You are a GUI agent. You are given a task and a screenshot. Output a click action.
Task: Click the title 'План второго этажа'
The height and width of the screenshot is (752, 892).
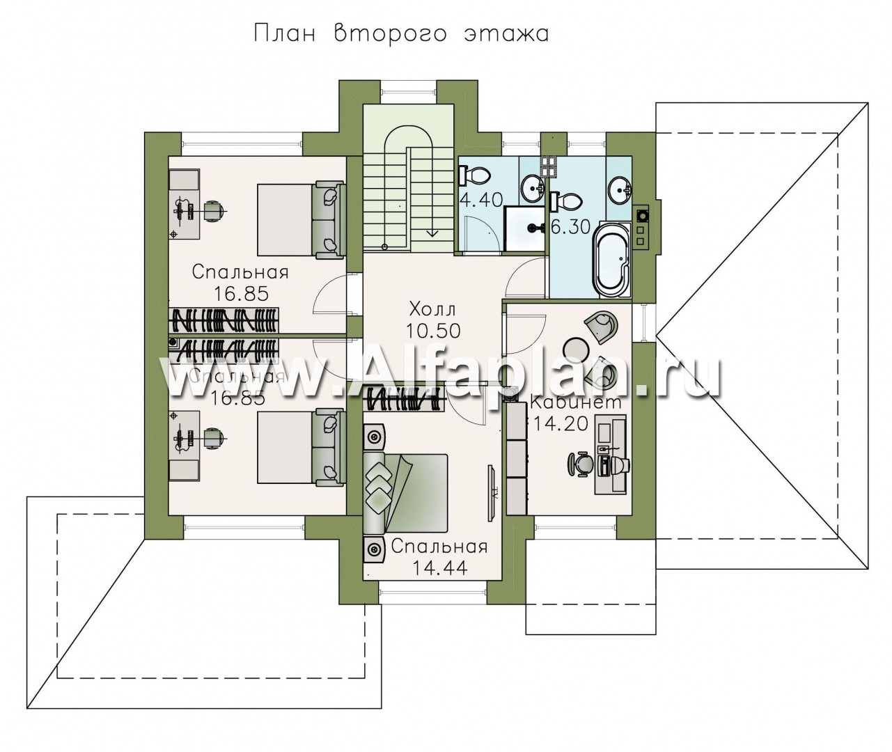tap(401, 34)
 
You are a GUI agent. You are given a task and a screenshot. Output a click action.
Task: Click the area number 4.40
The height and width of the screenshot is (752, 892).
tap(481, 200)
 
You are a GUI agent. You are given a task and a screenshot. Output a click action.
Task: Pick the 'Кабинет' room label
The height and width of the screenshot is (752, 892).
tap(575, 402)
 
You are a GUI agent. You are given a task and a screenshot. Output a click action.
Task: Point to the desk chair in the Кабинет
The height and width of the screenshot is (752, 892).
tap(579, 465)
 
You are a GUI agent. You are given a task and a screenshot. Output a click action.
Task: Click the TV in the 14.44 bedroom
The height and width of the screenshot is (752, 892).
tap(492, 493)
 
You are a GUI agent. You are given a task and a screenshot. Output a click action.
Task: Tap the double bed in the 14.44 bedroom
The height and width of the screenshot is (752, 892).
tap(405, 494)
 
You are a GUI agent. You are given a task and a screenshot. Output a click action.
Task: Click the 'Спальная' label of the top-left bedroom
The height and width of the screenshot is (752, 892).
tap(240, 272)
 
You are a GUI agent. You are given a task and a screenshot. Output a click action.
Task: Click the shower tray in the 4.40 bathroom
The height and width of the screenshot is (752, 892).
tap(524, 229)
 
